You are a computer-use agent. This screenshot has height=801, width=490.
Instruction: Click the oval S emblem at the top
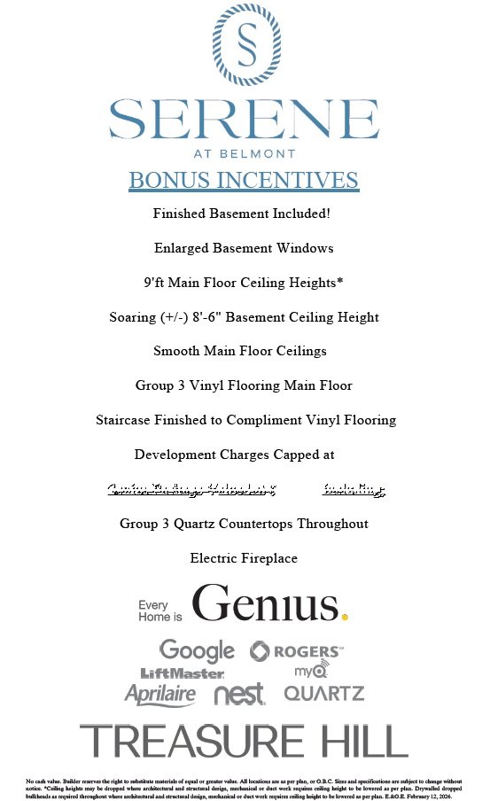tap(244, 44)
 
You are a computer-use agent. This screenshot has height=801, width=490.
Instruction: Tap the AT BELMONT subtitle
tap(244, 152)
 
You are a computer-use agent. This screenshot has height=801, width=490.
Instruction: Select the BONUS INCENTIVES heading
tap(244, 180)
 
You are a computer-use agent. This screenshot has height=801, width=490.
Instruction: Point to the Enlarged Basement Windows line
tap(244, 248)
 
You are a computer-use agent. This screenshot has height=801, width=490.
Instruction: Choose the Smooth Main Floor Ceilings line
tap(240, 351)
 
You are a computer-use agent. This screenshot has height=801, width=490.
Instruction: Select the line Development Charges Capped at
tap(235, 455)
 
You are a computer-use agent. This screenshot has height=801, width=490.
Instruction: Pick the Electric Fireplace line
tap(244, 558)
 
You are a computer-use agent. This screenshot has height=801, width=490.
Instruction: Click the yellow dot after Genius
tap(345, 616)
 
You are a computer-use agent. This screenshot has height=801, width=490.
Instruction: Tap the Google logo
tap(197, 650)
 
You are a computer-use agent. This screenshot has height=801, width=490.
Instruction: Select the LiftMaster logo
tap(183, 674)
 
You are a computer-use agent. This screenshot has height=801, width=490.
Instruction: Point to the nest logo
tap(239, 695)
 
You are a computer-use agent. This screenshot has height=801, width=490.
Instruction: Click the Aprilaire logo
tap(160, 694)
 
